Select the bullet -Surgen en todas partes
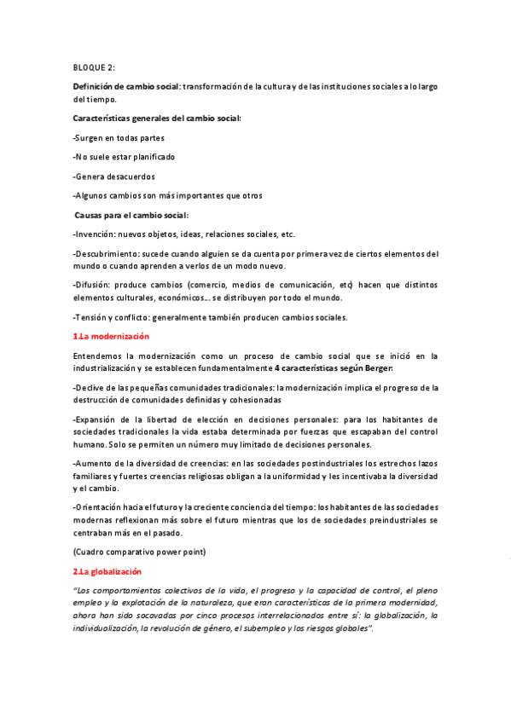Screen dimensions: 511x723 click(119, 137)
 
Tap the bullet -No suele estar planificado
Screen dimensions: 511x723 click(125, 157)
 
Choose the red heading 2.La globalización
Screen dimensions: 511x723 click(107, 570)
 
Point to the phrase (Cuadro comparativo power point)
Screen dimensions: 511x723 click(140, 552)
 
